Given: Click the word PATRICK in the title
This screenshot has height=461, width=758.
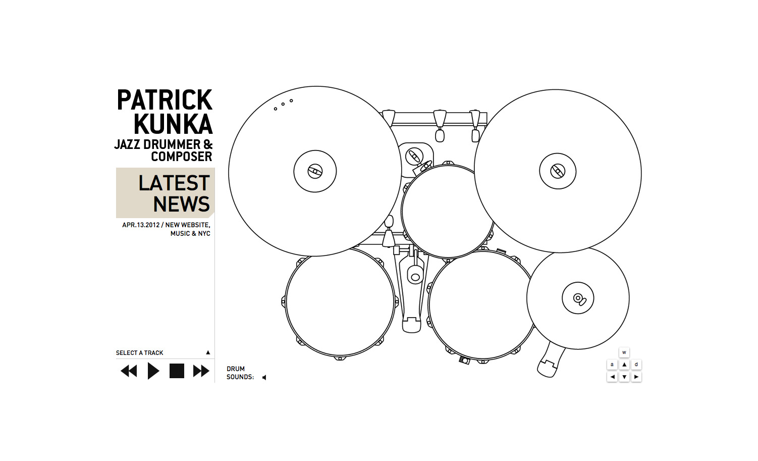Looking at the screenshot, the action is tap(165, 100).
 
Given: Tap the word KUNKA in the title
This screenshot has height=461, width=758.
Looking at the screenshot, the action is tap(173, 125).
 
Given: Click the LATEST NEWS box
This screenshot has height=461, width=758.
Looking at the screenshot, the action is tap(165, 192).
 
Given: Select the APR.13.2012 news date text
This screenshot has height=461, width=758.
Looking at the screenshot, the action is tap(141, 225).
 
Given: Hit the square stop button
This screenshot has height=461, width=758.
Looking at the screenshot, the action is tap(177, 371).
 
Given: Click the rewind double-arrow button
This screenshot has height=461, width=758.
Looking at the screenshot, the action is tap(129, 371).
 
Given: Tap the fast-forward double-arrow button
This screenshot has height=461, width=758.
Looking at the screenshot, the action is tap(201, 371).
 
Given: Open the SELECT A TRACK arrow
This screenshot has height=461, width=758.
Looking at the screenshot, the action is tap(208, 352).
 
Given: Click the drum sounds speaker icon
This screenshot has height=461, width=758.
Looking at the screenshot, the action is tap(264, 377).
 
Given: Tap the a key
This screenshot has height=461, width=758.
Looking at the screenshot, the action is tap(612, 365).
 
